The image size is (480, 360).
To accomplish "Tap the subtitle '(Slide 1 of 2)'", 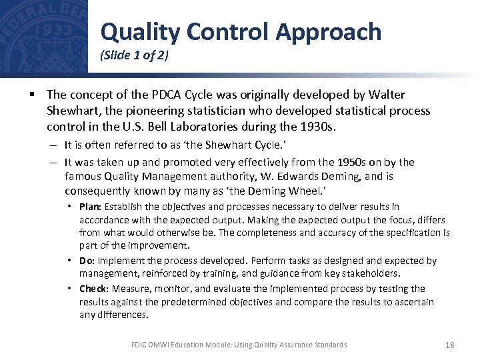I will click(134, 56).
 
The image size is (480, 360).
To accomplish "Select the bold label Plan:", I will click(90, 207).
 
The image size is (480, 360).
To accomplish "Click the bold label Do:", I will click(87, 261).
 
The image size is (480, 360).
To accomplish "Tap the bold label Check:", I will click(95, 289).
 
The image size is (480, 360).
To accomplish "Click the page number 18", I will click(449, 345).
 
